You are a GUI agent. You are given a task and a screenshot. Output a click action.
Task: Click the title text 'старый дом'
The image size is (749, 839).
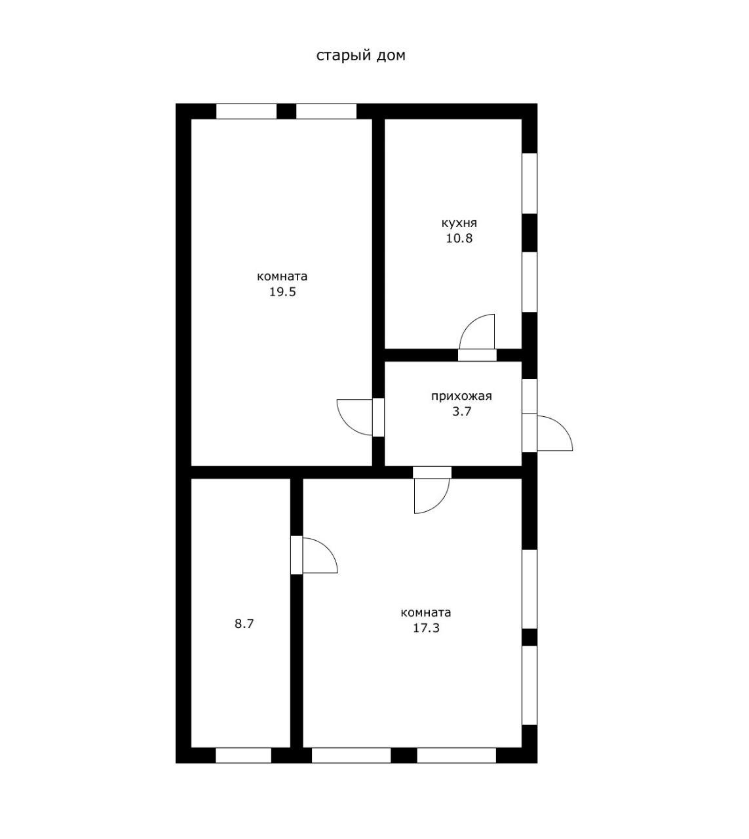360,56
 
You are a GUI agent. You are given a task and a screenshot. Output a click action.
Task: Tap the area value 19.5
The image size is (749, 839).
283,292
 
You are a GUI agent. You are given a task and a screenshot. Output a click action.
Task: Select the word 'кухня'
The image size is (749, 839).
459,224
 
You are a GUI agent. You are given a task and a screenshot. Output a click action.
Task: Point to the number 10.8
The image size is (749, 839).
459,239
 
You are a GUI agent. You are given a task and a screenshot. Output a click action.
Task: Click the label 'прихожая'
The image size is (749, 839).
462,397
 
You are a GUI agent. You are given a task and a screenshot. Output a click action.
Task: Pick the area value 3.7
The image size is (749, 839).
462,412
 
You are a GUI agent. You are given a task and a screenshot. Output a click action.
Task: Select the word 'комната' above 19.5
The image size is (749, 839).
282,276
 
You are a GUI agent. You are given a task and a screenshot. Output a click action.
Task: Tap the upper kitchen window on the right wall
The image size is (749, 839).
529,184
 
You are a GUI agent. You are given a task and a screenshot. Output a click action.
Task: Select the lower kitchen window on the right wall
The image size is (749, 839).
529,282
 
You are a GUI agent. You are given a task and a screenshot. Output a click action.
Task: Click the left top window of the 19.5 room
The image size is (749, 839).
246,111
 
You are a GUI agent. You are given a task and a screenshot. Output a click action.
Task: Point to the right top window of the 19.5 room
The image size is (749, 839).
326,111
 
